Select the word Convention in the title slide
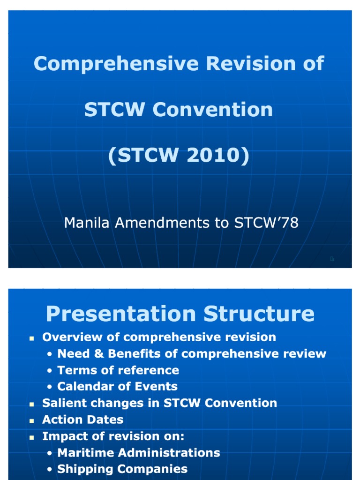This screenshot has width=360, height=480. coord(213,109)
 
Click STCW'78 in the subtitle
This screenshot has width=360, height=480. coord(266,223)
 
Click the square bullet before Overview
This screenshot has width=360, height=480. coord(32,338)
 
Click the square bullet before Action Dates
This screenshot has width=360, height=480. coord(32,420)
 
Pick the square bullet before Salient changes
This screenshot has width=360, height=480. coord(32,404)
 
